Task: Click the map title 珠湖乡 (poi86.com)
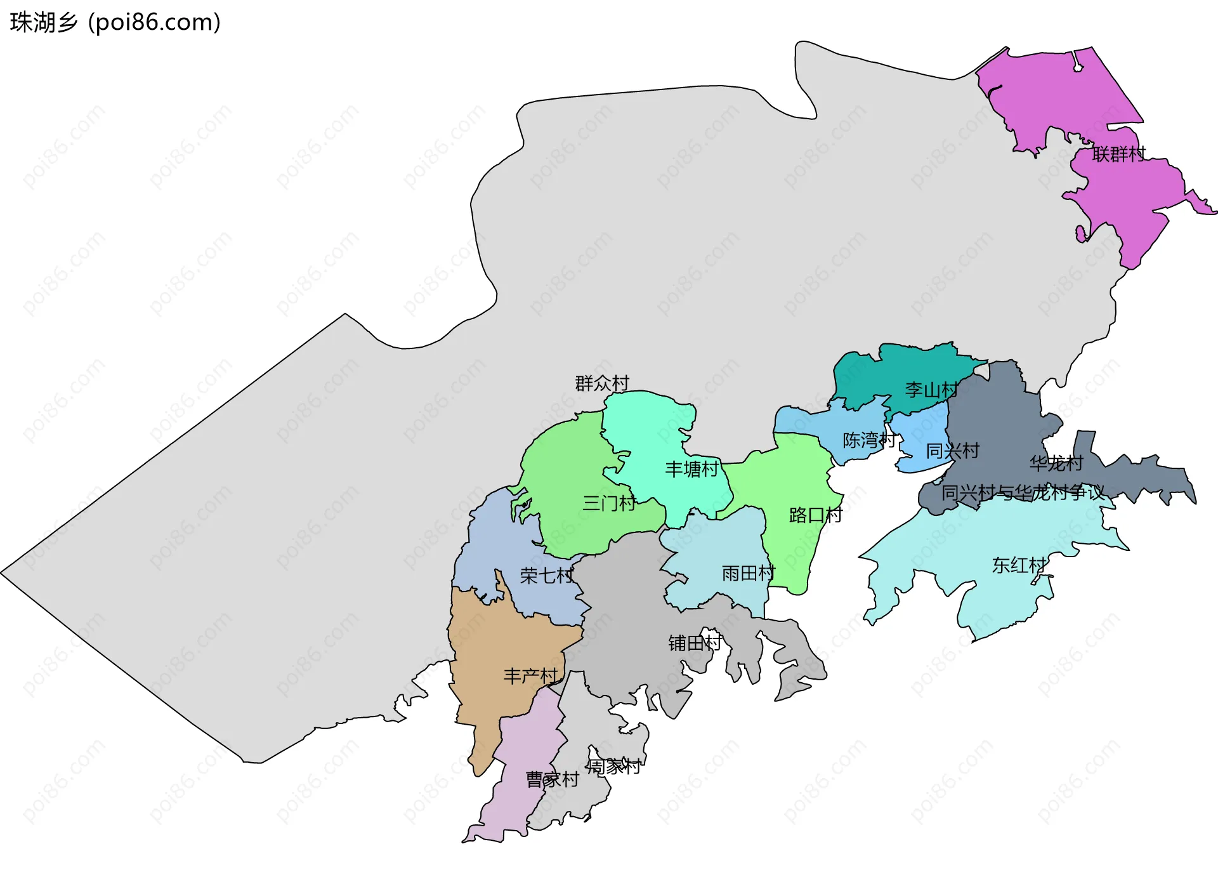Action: click(115, 22)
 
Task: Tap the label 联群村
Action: click(1118, 154)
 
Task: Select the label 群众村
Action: click(601, 383)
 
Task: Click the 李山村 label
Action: click(931, 390)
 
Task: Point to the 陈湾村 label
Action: click(868, 440)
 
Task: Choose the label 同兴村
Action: click(952, 451)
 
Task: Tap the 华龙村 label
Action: click(1056, 463)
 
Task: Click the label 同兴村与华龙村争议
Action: click(1022, 492)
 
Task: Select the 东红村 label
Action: click(1019, 565)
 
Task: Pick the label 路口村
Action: click(815, 515)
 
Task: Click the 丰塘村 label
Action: click(691, 469)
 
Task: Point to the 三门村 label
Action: click(609, 503)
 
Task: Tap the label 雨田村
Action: click(748, 573)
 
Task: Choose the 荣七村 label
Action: click(546, 576)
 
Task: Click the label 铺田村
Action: click(695, 643)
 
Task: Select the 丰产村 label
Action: click(530, 676)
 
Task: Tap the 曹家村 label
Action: click(552, 779)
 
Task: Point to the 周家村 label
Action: click(613, 767)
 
